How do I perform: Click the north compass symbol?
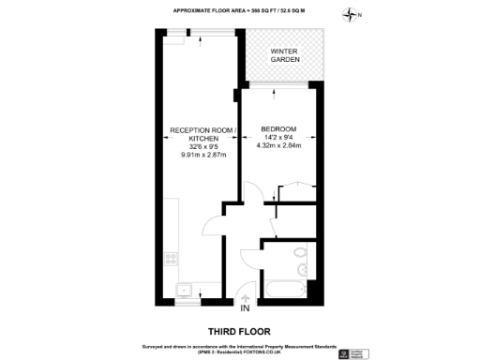click(x=351, y=15)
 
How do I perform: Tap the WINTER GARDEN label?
click(x=285, y=55)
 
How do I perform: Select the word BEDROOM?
click(x=278, y=128)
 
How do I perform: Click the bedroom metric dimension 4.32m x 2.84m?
click(x=278, y=145)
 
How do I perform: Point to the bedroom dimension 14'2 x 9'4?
click(x=278, y=137)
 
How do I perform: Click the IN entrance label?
click(x=245, y=308)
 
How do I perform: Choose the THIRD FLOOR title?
click(x=240, y=331)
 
